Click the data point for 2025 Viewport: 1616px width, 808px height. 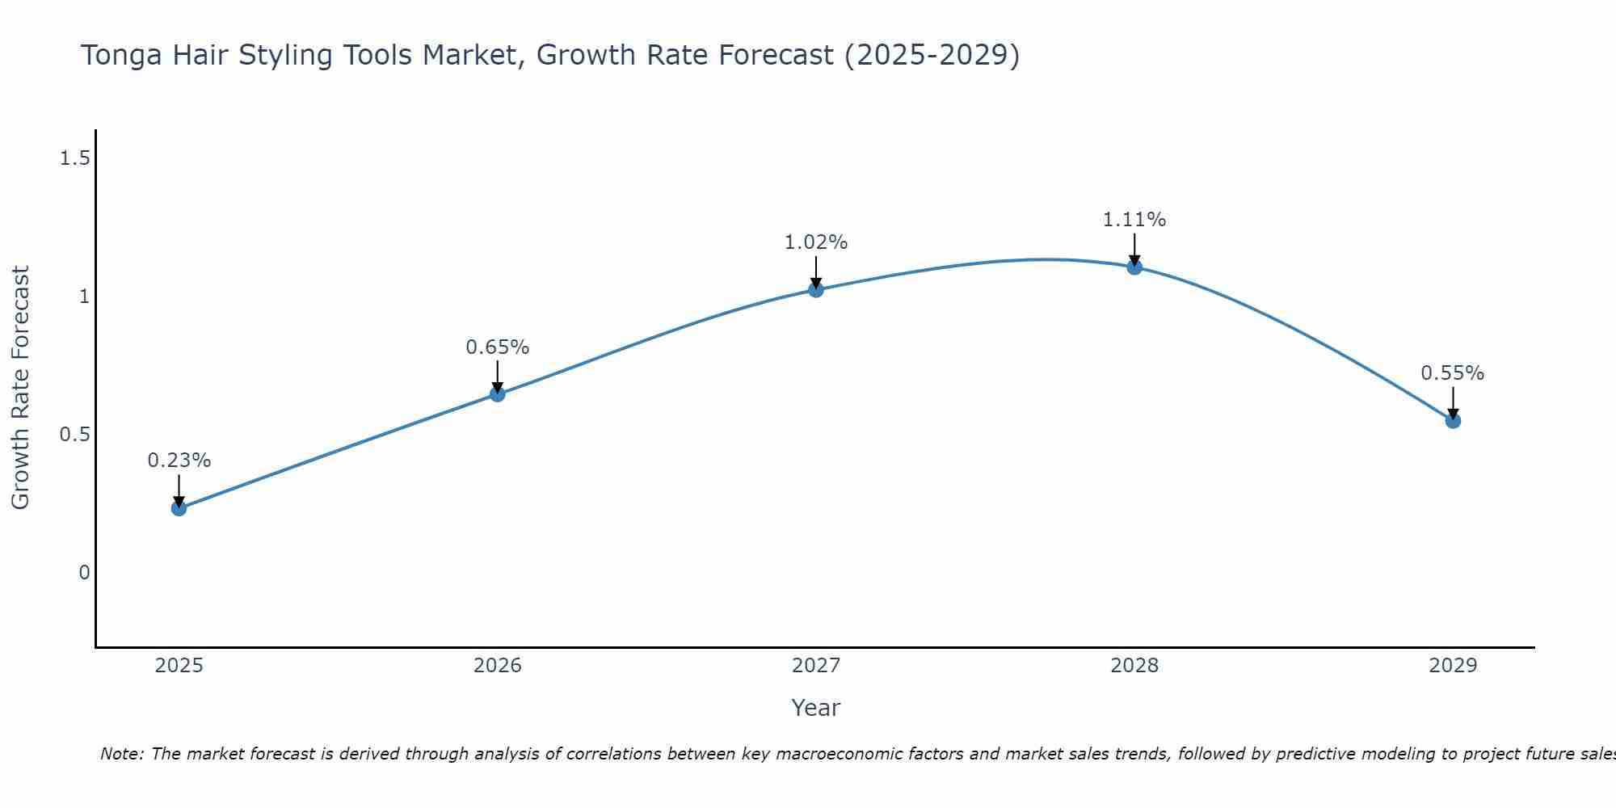click(179, 508)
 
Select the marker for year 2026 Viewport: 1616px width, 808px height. click(498, 394)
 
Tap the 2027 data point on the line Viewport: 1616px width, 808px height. click(816, 289)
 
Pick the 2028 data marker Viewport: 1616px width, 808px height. click(1134, 267)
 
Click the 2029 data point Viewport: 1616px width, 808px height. click(1453, 420)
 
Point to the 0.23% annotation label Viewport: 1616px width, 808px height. click(179, 461)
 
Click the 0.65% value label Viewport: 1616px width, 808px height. click(498, 347)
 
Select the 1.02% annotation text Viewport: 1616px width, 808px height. click(816, 242)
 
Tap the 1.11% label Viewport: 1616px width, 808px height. click(1134, 220)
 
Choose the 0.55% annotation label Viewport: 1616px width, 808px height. click(1453, 373)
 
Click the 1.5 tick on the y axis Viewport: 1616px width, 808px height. click(74, 158)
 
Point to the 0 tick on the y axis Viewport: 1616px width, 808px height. click(84, 573)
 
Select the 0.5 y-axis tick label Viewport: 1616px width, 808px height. click(74, 435)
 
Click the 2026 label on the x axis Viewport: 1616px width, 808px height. click(498, 666)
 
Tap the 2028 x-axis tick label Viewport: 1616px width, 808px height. click(1134, 666)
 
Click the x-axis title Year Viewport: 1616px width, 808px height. click(816, 708)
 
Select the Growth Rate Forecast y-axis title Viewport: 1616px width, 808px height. click(20, 388)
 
